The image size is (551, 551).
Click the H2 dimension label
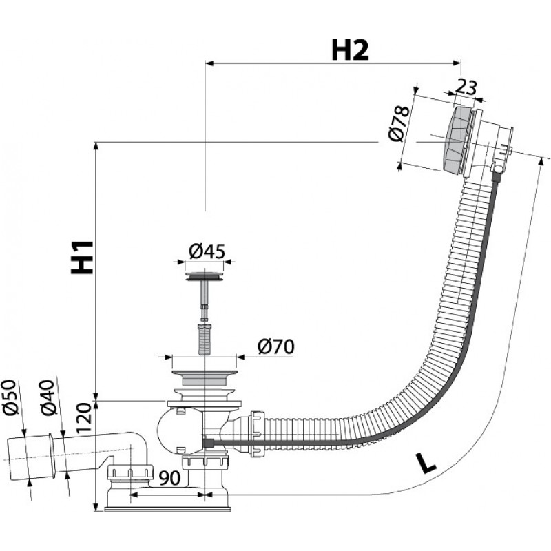[x=350, y=50]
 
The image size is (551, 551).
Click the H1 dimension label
[x=82, y=257]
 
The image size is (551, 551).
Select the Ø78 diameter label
[x=399, y=123]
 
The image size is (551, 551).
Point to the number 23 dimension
[x=466, y=87]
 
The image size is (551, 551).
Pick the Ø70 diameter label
[x=276, y=347]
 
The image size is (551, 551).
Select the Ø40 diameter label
[x=48, y=397]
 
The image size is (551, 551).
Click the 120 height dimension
[x=83, y=418]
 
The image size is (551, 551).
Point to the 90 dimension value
[x=169, y=478]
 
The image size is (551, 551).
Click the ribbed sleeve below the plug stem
[x=204, y=340]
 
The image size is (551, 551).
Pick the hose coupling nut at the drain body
[x=256, y=435]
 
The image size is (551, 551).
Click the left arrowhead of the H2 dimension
[x=209, y=63]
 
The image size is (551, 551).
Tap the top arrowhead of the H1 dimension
[x=96, y=147]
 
